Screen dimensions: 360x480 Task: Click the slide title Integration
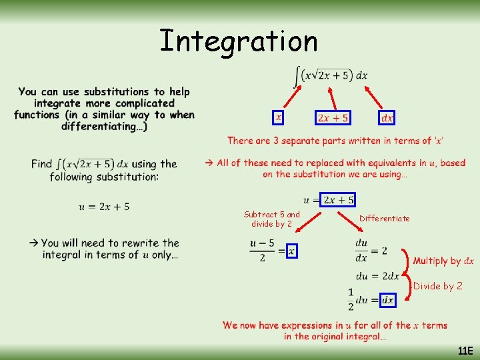click(239, 41)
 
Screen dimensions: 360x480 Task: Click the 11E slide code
click(465, 351)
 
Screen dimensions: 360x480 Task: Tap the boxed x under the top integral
click(279, 117)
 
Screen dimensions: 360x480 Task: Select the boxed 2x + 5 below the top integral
click(333, 117)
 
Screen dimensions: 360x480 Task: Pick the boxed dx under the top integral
click(387, 117)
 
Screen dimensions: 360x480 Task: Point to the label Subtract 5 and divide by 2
click(271, 219)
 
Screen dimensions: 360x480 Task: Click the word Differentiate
click(385, 218)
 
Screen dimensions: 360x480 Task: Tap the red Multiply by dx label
click(443, 261)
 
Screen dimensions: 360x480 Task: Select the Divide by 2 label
click(438, 286)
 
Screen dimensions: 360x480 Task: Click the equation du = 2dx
click(377, 276)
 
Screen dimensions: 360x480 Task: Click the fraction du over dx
click(361, 251)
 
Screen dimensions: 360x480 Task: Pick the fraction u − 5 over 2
click(262, 251)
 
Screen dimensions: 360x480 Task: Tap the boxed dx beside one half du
click(387, 301)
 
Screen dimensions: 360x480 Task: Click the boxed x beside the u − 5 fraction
click(291, 251)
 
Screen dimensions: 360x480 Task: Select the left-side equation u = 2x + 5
click(104, 207)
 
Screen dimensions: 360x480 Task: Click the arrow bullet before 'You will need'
click(33, 243)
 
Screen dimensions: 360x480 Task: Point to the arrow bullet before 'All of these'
click(209, 163)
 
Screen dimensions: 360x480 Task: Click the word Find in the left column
click(41, 164)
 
